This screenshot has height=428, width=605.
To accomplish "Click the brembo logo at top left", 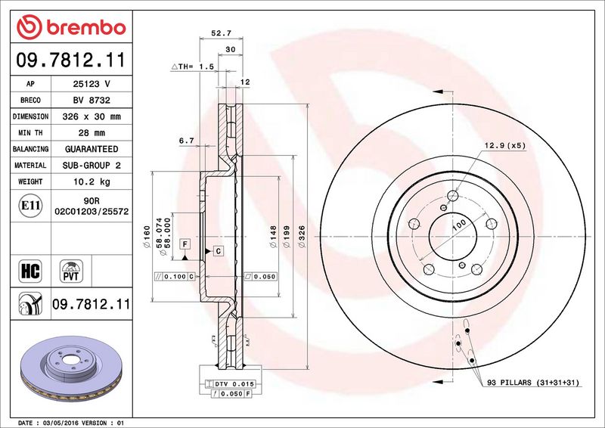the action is coord(71,27).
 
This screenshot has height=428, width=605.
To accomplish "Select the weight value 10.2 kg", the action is coord(92,181).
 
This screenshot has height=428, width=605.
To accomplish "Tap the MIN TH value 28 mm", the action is coord(92,133).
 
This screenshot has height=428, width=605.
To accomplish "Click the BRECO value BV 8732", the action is coord(92,101).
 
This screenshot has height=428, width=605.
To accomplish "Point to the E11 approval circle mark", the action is coord(30,206).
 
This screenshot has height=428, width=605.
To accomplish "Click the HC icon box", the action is coord(30,271).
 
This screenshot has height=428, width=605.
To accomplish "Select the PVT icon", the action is coord(71,271).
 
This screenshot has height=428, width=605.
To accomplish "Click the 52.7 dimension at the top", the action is coord(221,33).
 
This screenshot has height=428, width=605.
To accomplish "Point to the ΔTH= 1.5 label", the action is coord(193,67).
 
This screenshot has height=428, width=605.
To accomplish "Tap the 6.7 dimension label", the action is coord(186,141).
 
